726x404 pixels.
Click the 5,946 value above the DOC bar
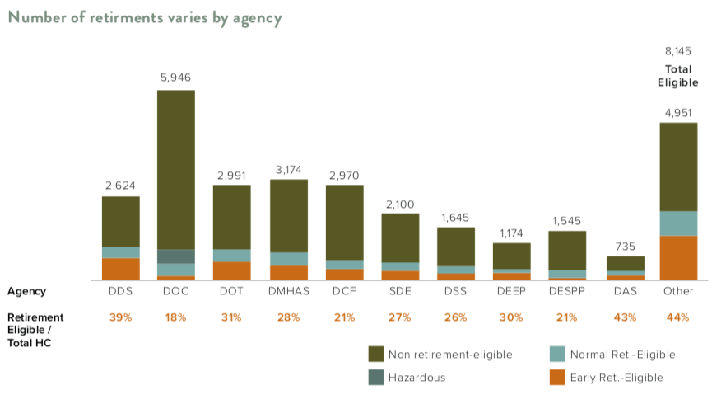coord(176,79)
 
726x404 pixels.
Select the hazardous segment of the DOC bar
coord(176,256)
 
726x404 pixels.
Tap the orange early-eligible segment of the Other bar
coord(678,258)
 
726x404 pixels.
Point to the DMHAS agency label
coord(288,291)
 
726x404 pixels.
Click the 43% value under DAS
coord(625,317)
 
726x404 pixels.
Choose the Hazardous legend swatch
coord(375,378)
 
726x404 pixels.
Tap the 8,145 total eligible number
coord(678,52)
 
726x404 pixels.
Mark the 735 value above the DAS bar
coord(625,246)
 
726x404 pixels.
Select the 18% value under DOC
coord(176,317)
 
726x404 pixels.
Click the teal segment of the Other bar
coord(678,223)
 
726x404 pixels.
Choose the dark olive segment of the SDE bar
coord(400,237)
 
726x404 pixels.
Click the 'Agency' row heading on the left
coord(26,291)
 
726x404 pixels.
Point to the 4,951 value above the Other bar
coord(678,113)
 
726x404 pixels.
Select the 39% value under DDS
coord(121,317)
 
